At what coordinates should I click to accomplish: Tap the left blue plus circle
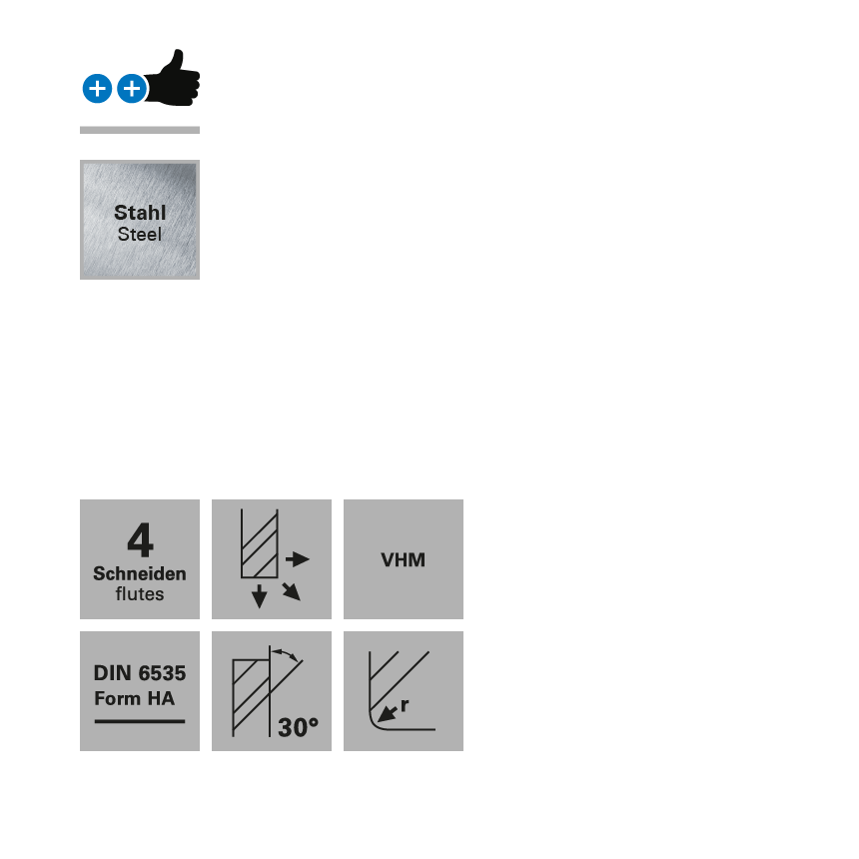97,89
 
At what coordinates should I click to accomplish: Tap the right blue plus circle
131,89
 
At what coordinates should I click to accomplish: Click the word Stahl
140,213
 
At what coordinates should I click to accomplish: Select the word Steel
140,235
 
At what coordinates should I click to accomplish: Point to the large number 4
140,541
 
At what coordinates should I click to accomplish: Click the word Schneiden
140,573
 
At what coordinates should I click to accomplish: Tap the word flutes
140,594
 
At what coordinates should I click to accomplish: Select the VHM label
403,560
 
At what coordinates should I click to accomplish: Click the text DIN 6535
140,673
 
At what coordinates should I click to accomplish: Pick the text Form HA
134,698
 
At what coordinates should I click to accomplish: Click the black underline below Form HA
140,720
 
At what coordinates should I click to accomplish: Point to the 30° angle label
298,727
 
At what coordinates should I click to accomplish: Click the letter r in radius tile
405,705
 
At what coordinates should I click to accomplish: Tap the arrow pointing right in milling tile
298,559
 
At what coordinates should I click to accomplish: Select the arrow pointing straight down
259,596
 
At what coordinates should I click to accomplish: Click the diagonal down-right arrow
291,591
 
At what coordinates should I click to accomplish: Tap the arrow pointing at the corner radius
386,713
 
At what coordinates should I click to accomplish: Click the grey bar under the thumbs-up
140,129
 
